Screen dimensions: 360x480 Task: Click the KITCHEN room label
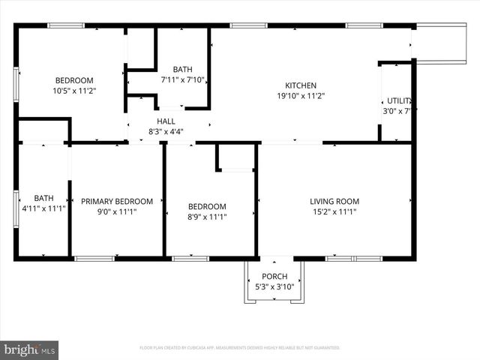coord(300,85)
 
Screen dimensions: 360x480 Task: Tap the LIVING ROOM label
coord(334,201)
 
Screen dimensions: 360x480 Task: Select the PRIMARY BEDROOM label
coord(117,201)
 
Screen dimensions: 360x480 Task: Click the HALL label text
coord(166,121)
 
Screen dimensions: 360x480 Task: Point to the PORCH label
coord(274,277)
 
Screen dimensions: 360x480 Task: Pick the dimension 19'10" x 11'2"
coord(300,95)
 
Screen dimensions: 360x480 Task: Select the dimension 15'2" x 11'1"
coord(334,211)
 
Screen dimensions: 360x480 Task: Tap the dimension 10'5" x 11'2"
coord(74,91)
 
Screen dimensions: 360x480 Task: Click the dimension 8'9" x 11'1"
coord(207,217)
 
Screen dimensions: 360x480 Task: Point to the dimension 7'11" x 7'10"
coord(183,79)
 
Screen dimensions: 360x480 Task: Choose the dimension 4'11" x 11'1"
coord(43,208)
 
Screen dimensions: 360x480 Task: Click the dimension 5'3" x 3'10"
coord(274,286)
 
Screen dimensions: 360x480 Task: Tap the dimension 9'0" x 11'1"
coord(117,211)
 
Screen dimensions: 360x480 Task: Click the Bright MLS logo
coord(29,349)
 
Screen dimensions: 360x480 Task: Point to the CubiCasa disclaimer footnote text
coord(240,348)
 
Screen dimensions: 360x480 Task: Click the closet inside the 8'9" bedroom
coord(236,157)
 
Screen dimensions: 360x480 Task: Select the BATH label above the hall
coord(183,69)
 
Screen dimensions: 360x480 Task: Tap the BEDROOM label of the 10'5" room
coord(74,80)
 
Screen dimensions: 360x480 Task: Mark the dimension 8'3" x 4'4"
coord(166,131)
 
